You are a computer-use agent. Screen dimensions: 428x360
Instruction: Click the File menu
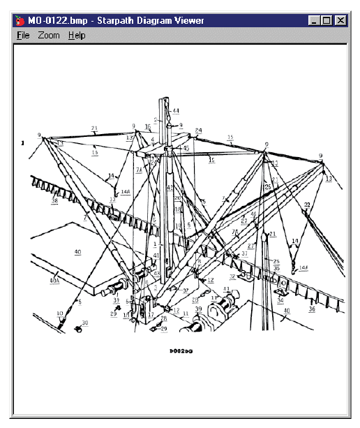23,35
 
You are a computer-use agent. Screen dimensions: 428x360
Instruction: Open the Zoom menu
49,35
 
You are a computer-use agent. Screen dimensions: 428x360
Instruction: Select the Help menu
77,35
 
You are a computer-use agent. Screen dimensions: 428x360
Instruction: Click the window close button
340,21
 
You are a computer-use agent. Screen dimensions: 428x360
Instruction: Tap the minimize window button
315,21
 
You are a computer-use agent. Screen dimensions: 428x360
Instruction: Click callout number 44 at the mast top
176,111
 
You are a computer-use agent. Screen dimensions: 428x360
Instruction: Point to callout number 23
94,128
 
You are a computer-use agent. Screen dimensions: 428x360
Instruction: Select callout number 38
54,201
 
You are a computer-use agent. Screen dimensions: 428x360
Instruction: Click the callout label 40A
54,281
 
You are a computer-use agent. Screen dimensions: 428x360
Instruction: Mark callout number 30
86,323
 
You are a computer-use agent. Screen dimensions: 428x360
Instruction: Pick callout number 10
60,313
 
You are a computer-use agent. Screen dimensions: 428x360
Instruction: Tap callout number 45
186,148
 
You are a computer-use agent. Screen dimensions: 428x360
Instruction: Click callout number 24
198,131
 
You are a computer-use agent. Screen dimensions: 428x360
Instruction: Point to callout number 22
306,204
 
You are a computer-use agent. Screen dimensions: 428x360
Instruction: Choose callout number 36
312,309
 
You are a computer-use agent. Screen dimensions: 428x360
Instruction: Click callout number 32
233,287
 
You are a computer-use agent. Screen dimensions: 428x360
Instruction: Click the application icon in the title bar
19,21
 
